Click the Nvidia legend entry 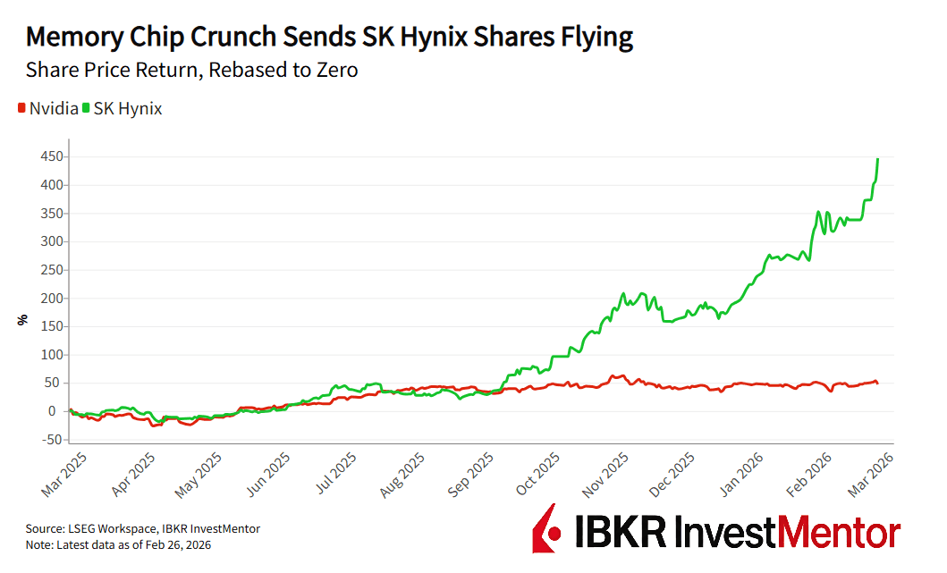pos(47,108)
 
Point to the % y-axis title pos(23,319)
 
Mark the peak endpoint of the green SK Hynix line pos(877,159)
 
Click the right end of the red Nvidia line pos(877,383)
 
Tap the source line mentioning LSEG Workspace pos(143,529)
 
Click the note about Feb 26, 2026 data pos(118,544)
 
